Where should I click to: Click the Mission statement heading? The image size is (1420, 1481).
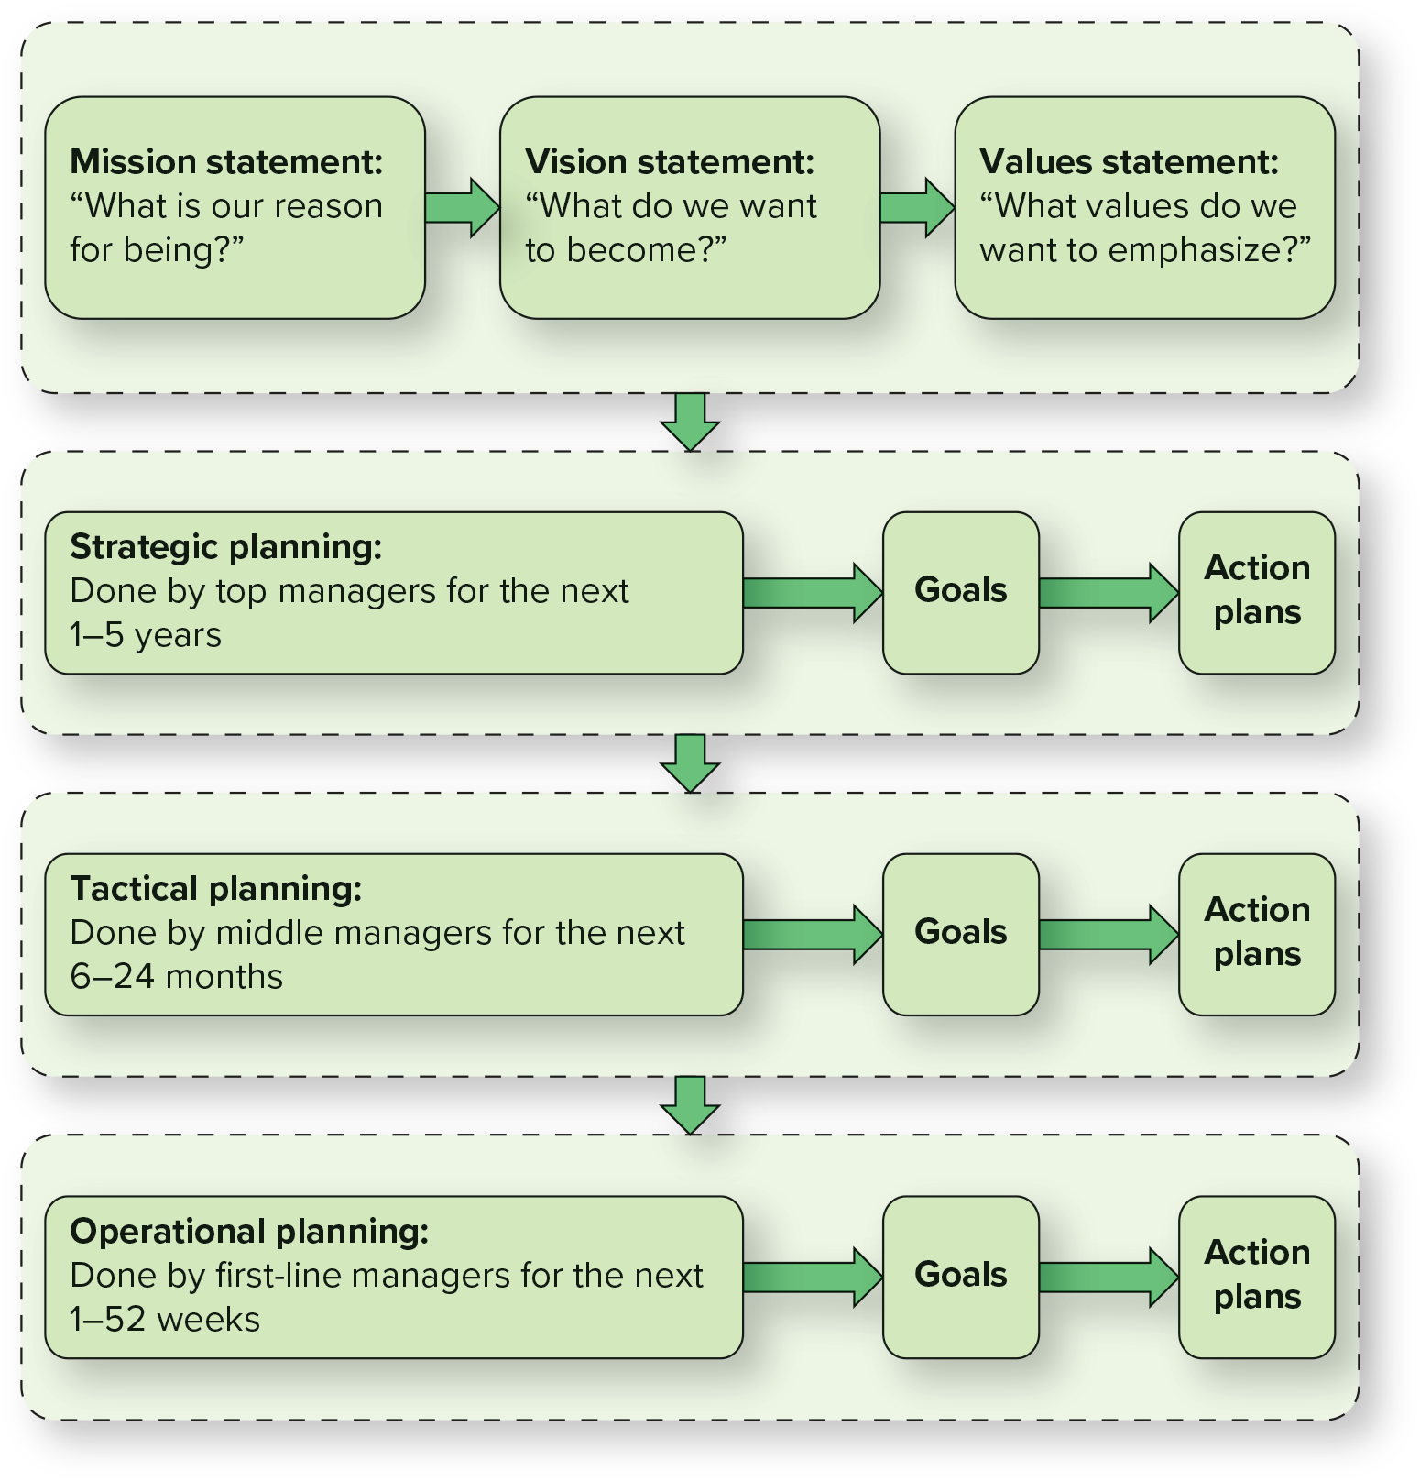click(226, 162)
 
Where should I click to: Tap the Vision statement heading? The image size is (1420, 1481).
click(670, 162)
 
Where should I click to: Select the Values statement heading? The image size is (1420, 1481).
click(1129, 162)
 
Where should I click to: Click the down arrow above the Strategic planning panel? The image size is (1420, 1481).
click(690, 422)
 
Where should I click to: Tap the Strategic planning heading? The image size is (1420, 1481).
click(226, 547)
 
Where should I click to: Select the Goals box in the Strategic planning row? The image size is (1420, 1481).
click(960, 591)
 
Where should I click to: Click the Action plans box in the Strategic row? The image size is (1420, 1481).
click(1256, 591)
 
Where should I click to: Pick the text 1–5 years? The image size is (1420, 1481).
click(146, 635)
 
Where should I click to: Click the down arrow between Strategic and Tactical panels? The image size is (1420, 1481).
click(690, 762)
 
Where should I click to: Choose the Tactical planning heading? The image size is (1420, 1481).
click(216, 889)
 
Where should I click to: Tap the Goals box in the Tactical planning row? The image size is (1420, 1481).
click(960, 933)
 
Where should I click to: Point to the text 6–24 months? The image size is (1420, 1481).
click(177, 977)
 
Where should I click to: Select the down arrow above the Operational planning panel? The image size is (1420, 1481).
click(690, 1104)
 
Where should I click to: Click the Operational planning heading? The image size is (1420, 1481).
click(249, 1232)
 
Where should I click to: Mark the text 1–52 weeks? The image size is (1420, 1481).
click(165, 1320)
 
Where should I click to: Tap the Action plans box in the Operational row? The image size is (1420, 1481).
click(1256, 1276)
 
